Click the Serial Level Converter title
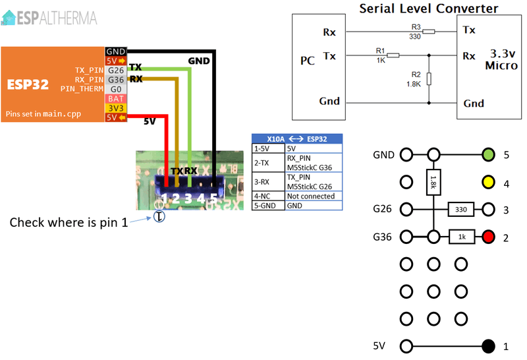point(428,9)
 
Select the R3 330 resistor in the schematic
point(428,31)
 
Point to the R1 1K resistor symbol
point(393,55)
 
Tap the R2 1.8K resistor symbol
point(429,79)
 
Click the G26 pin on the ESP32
point(116,70)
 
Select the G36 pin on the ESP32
point(116,79)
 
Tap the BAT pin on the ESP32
point(116,98)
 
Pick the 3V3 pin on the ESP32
point(116,107)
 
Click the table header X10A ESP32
point(298,139)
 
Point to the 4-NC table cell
point(268,196)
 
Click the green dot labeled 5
point(488,155)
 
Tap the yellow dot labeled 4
point(488,183)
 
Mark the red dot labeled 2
point(488,237)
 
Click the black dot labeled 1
point(488,345)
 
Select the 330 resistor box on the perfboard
point(461,210)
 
